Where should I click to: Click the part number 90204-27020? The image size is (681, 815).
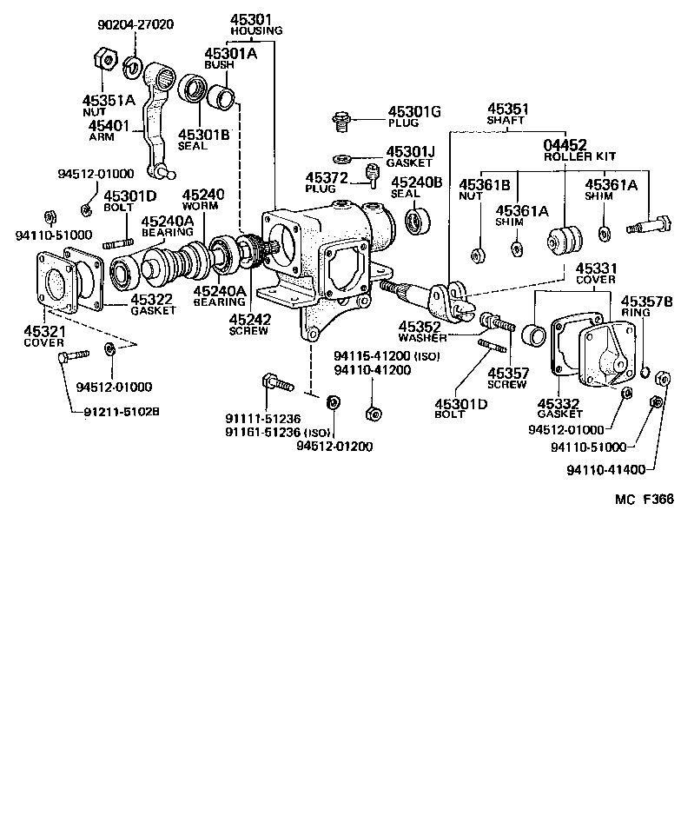(135, 24)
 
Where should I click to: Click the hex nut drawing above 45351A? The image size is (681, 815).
(100, 59)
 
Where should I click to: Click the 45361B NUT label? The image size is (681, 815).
(481, 189)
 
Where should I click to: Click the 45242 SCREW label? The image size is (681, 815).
(250, 324)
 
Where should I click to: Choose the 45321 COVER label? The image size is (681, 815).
(43, 336)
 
